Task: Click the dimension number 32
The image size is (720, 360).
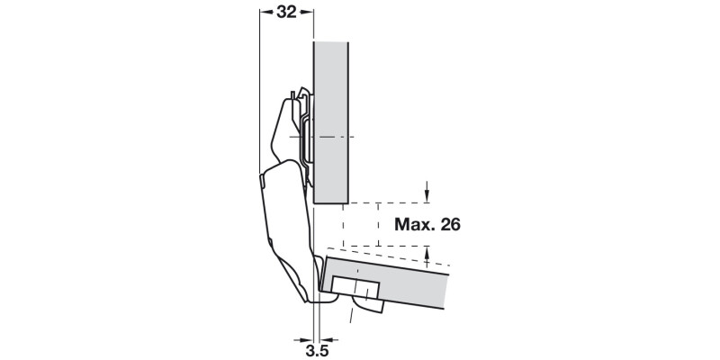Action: pos(286,13)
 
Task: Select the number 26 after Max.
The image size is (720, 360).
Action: pos(450,224)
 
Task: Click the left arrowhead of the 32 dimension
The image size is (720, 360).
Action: pos(264,13)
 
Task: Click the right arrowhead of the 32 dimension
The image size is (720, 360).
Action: pos(308,13)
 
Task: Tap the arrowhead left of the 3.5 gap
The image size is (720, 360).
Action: pos(305,340)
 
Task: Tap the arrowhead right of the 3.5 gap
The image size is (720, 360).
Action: pos(326,340)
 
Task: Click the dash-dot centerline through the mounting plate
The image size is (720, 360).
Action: pos(337,137)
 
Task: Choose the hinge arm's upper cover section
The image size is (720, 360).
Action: pos(286,126)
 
